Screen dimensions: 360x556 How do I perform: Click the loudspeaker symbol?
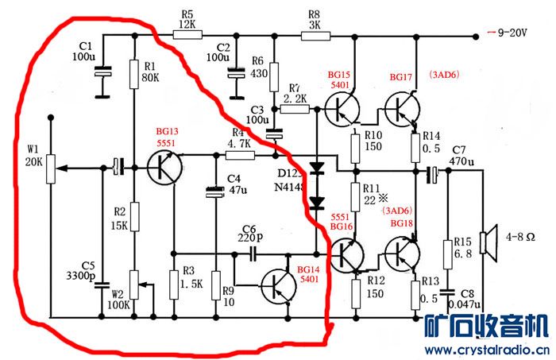coord(491,236)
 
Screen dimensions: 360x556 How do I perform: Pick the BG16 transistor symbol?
coord(347,253)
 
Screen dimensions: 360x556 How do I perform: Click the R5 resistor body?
coord(187,33)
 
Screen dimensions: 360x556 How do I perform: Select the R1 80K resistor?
coord(135,73)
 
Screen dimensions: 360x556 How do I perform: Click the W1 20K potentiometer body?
coord(49,168)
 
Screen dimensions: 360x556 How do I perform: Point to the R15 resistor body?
coord(446,253)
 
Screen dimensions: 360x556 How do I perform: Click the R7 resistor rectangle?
coord(294,107)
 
